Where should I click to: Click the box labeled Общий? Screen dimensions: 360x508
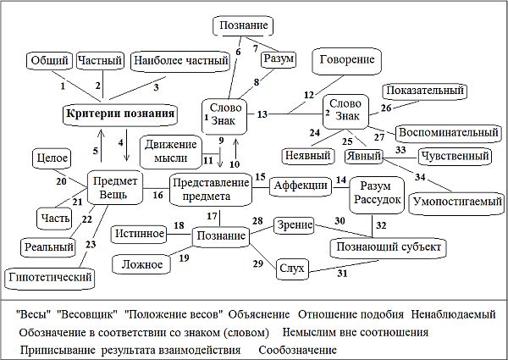(x=48, y=60)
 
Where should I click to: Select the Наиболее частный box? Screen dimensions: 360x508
(x=181, y=60)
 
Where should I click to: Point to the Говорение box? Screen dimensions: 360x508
(x=347, y=61)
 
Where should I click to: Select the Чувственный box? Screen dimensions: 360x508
(x=455, y=156)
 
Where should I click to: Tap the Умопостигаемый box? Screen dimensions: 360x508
(x=456, y=202)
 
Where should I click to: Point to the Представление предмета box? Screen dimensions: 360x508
(x=211, y=188)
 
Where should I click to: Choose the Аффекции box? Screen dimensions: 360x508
(x=298, y=184)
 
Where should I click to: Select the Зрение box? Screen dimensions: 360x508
(x=294, y=224)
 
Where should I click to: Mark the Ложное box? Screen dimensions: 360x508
(x=142, y=264)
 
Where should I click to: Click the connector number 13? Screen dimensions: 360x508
(x=262, y=113)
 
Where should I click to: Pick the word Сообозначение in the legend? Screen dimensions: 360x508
(x=291, y=349)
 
